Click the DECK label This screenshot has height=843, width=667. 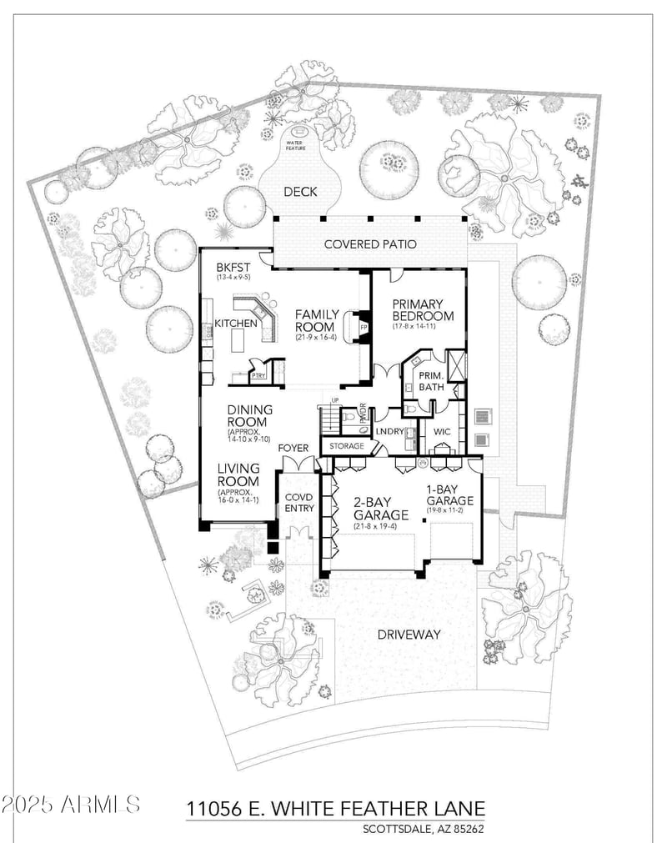300,192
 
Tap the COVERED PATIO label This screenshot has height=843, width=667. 370,244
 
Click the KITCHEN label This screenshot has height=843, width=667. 236,323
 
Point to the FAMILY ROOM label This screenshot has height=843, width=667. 317,321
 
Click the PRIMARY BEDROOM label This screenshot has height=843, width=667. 423,310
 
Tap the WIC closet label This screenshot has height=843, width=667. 441,431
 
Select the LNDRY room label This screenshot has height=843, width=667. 390,431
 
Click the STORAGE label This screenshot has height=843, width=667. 346,447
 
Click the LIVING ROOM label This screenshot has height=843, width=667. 238,475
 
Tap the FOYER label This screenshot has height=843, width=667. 294,448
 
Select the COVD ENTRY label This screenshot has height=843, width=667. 298,501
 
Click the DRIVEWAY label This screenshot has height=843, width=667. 408,635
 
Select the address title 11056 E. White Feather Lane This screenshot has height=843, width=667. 334,809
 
